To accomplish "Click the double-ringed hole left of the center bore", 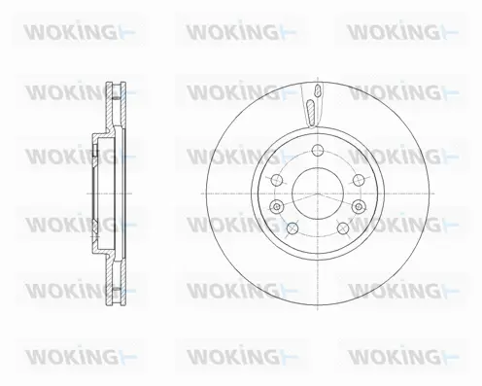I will point(267,192).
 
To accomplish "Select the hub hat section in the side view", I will point(94,192).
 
